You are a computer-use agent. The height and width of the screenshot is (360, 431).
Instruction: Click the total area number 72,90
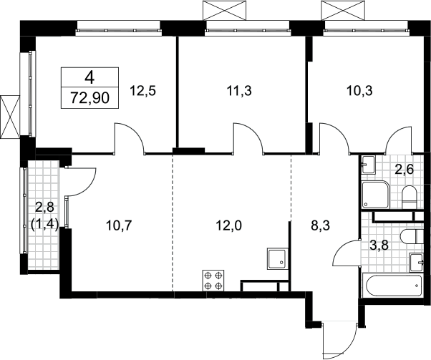click(x=90, y=98)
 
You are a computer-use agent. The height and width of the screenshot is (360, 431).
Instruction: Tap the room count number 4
click(x=90, y=78)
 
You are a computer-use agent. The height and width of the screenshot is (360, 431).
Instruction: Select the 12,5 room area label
click(x=142, y=90)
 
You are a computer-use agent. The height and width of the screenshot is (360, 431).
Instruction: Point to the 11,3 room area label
click(x=239, y=90)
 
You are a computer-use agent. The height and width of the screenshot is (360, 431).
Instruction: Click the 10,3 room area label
click(x=359, y=90)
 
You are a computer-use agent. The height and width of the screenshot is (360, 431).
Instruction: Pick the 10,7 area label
click(x=119, y=226)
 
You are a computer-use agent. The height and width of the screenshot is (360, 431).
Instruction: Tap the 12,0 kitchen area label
click(x=229, y=226)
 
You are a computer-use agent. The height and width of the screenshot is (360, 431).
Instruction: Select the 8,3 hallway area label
click(x=320, y=226)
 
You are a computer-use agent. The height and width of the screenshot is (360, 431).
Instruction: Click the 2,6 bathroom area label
click(x=404, y=170)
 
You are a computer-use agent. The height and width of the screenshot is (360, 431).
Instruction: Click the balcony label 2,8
click(x=44, y=208)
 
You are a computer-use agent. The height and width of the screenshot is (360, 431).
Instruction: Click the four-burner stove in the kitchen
click(x=213, y=281)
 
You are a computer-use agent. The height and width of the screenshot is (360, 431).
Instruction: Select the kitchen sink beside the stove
click(x=277, y=258)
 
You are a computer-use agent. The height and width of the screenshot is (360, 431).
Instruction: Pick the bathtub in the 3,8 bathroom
click(x=392, y=286)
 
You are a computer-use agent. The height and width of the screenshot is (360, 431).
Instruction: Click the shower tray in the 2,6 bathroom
click(x=375, y=195)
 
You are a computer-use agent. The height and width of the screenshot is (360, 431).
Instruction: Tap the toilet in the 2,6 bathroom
click(x=410, y=197)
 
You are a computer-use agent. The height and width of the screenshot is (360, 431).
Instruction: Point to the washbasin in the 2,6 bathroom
click(x=368, y=165)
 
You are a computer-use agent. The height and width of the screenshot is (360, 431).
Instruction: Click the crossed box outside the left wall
click(x=10, y=117)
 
